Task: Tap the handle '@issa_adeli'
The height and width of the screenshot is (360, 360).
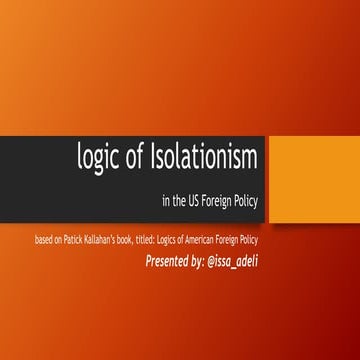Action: (271, 263)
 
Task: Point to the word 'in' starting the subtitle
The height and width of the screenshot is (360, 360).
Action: (165, 201)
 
